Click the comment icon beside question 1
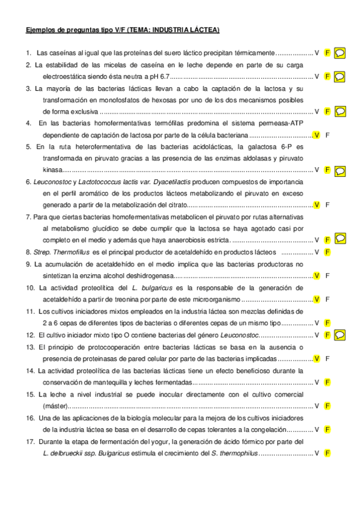[340, 52]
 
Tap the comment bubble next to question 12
[340, 334]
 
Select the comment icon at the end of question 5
[340, 170]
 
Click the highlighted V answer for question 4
[317, 135]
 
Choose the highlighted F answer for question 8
[328, 252]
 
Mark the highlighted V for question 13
[317, 358]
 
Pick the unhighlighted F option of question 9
[328, 275]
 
